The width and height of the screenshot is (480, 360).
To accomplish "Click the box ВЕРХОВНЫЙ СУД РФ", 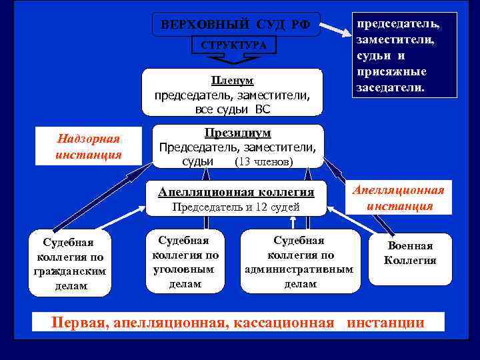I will pyautogui.click(x=235, y=25).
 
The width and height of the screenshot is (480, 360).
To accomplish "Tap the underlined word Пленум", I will pyautogui.click(x=232, y=81).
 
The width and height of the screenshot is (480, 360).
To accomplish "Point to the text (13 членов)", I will pyautogui.click(x=265, y=161).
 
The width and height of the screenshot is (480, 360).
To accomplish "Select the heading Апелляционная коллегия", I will pyautogui.click(x=236, y=192).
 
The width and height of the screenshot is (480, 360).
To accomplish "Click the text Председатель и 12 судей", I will pyautogui.click(x=236, y=207).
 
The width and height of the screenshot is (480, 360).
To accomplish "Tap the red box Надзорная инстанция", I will pyautogui.click(x=89, y=146).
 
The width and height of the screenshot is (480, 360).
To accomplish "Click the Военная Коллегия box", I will pyautogui.click(x=410, y=253).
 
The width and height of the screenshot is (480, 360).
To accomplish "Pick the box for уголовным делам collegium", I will pyautogui.click(x=183, y=262).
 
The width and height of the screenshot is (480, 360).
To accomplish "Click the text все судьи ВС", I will pyautogui.click(x=233, y=109).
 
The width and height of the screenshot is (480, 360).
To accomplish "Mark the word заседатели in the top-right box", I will pyautogui.click(x=390, y=87).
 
